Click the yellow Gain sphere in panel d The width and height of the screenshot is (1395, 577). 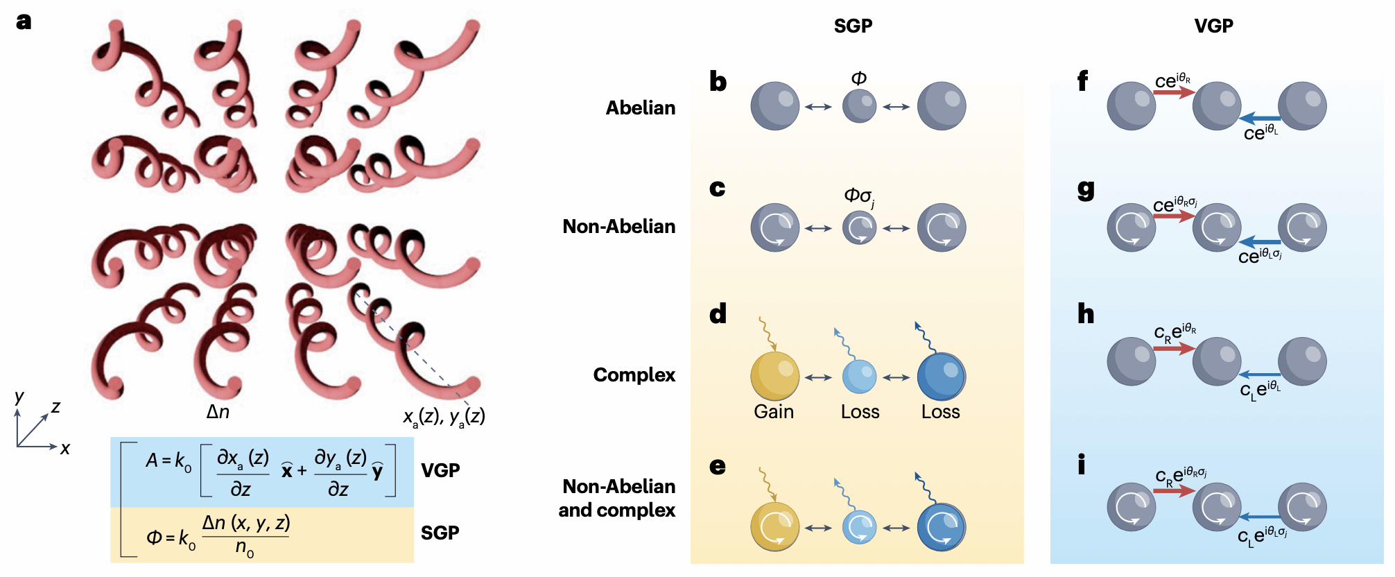[774, 376]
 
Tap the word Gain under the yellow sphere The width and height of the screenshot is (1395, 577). [774, 412]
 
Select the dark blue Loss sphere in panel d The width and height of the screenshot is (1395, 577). [941, 377]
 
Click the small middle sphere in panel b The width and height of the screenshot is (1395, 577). [859, 106]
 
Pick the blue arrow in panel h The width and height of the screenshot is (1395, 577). [1260, 375]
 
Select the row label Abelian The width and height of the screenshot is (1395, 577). [640, 108]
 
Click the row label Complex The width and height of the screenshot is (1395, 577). [634, 375]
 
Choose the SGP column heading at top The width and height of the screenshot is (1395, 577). [853, 26]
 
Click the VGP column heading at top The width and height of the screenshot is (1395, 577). [1213, 26]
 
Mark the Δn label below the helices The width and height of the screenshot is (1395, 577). [218, 412]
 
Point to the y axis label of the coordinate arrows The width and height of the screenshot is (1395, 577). [19, 397]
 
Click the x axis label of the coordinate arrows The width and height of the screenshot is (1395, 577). [65, 449]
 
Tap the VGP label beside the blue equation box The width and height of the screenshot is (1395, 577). [440, 471]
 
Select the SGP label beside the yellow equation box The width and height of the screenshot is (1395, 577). [440, 533]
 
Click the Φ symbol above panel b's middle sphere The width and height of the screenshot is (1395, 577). [858, 78]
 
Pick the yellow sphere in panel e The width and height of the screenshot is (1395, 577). [774, 526]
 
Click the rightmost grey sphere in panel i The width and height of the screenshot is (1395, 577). [1302, 506]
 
